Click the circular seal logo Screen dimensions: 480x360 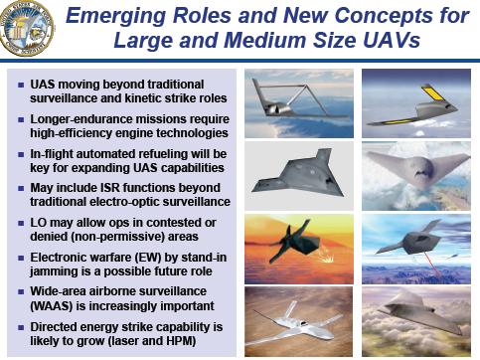[x=26, y=28]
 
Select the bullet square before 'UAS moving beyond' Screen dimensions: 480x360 [x=21, y=85]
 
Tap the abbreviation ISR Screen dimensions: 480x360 [x=108, y=188]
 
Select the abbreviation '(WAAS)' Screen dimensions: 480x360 [x=52, y=306]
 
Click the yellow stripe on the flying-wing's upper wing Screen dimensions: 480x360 [x=432, y=92]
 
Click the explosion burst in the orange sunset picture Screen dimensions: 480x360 [x=327, y=257]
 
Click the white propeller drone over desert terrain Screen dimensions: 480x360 [x=291, y=326]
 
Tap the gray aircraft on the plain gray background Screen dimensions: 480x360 [x=298, y=174]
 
